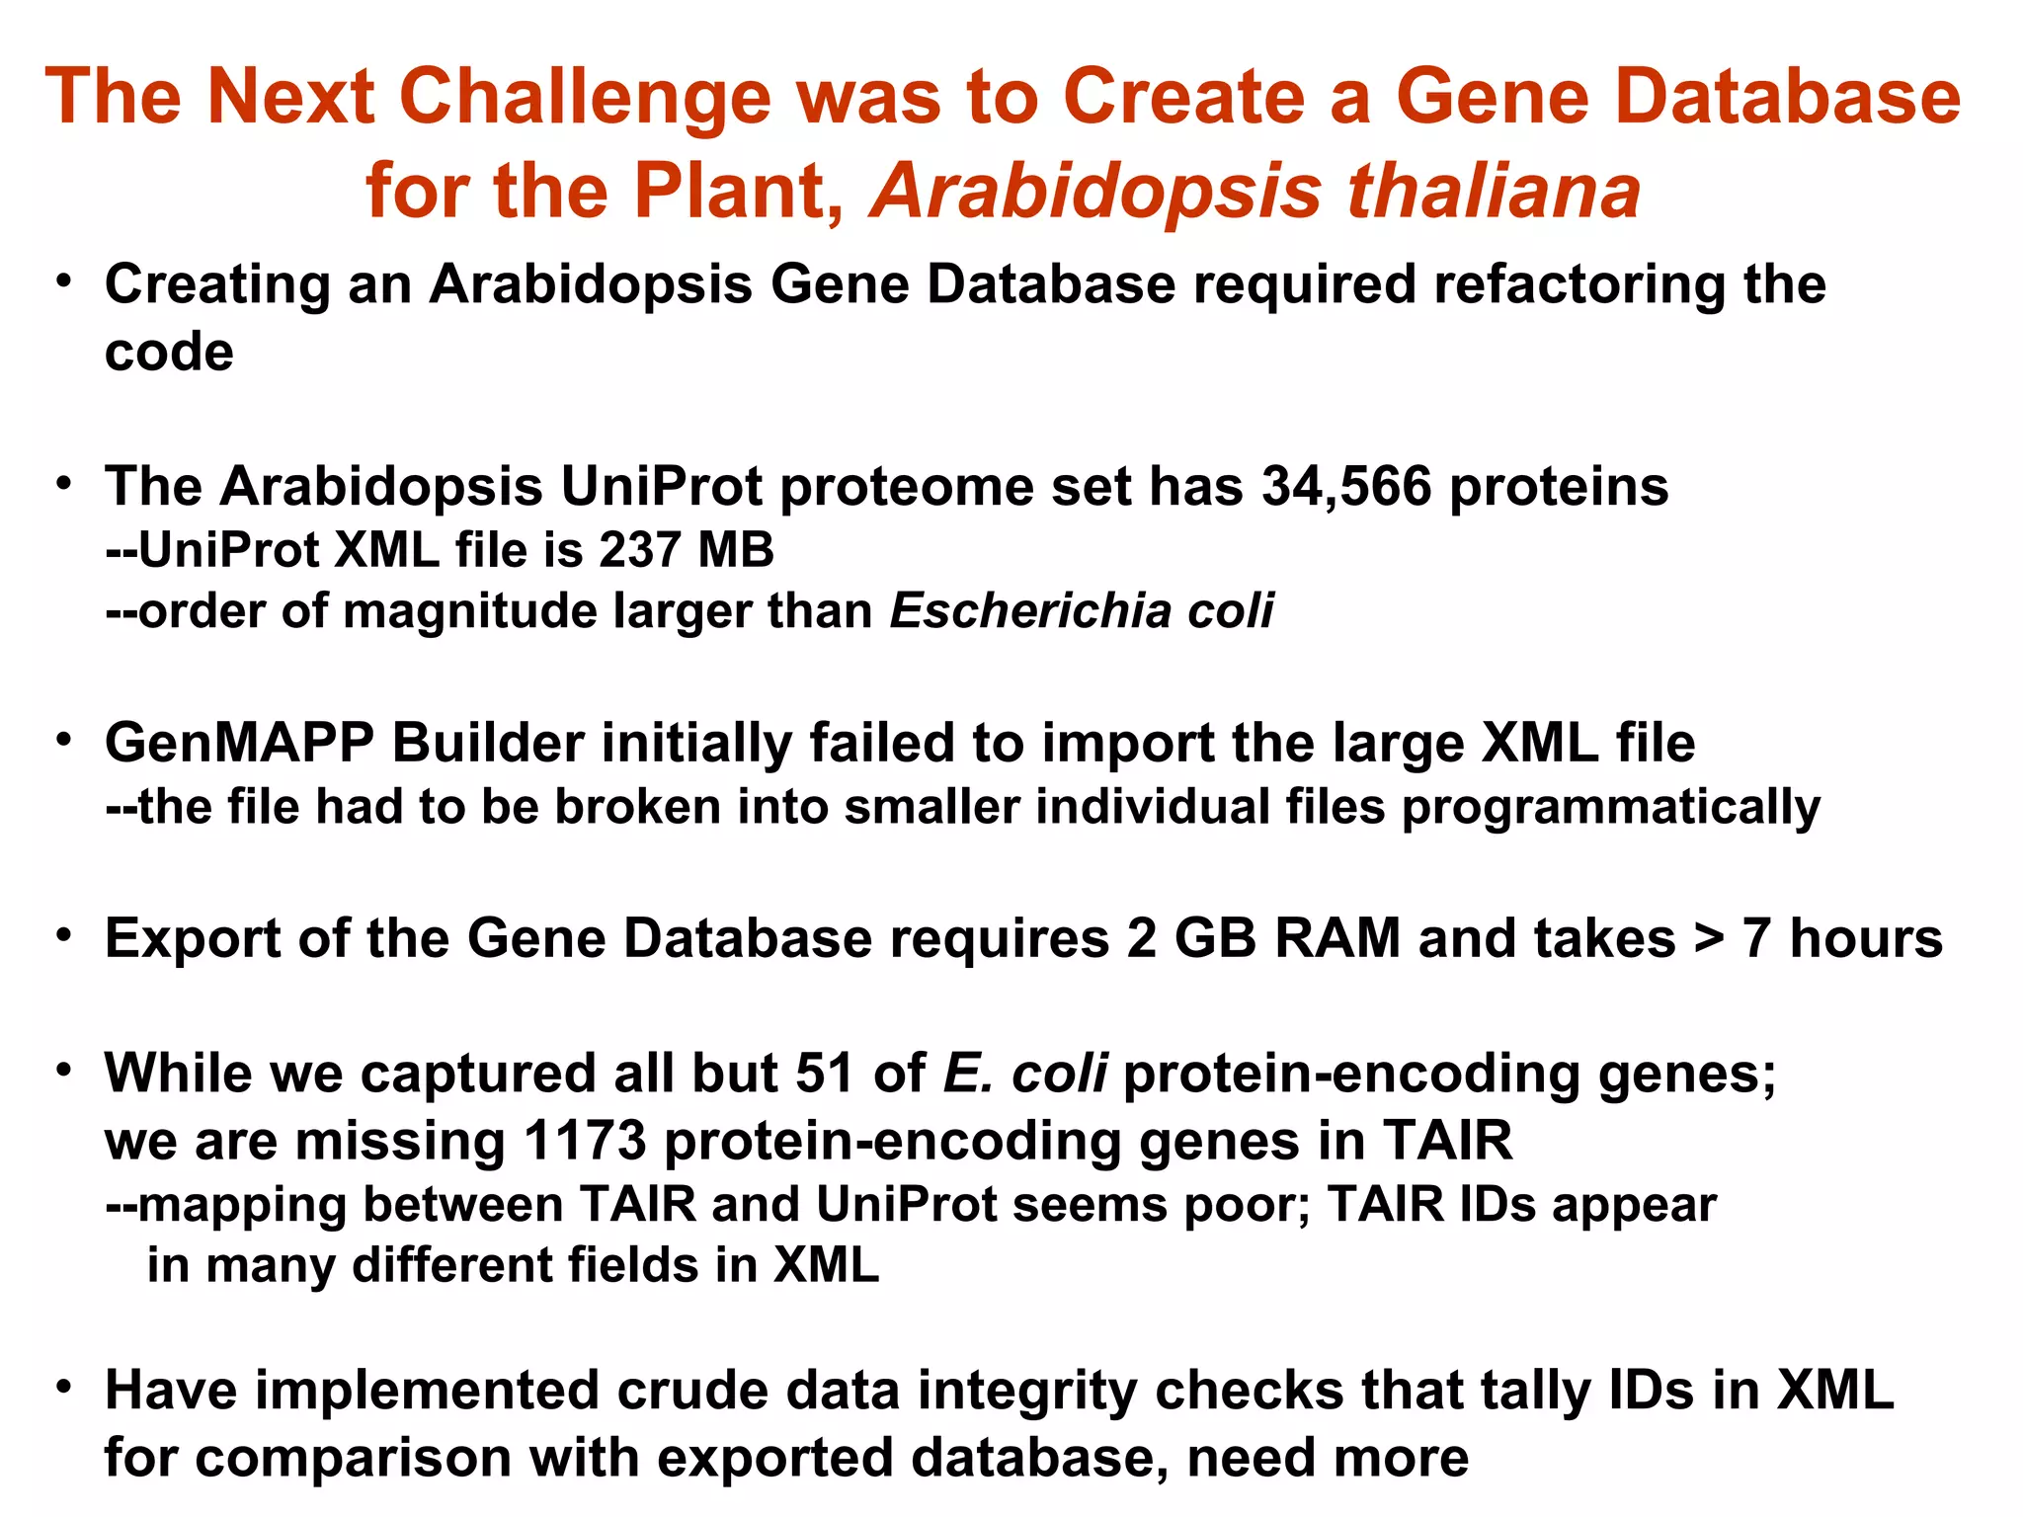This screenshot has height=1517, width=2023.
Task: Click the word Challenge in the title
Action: point(584,97)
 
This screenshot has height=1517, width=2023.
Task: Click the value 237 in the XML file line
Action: point(638,550)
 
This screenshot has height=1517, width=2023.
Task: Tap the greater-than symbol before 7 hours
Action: point(1708,938)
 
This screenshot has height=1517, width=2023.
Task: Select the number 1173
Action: point(584,1141)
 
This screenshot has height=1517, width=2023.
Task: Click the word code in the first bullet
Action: point(169,353)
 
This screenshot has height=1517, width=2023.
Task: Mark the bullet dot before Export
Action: point(64,934)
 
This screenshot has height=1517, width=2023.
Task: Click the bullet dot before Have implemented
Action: point(64,1387)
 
